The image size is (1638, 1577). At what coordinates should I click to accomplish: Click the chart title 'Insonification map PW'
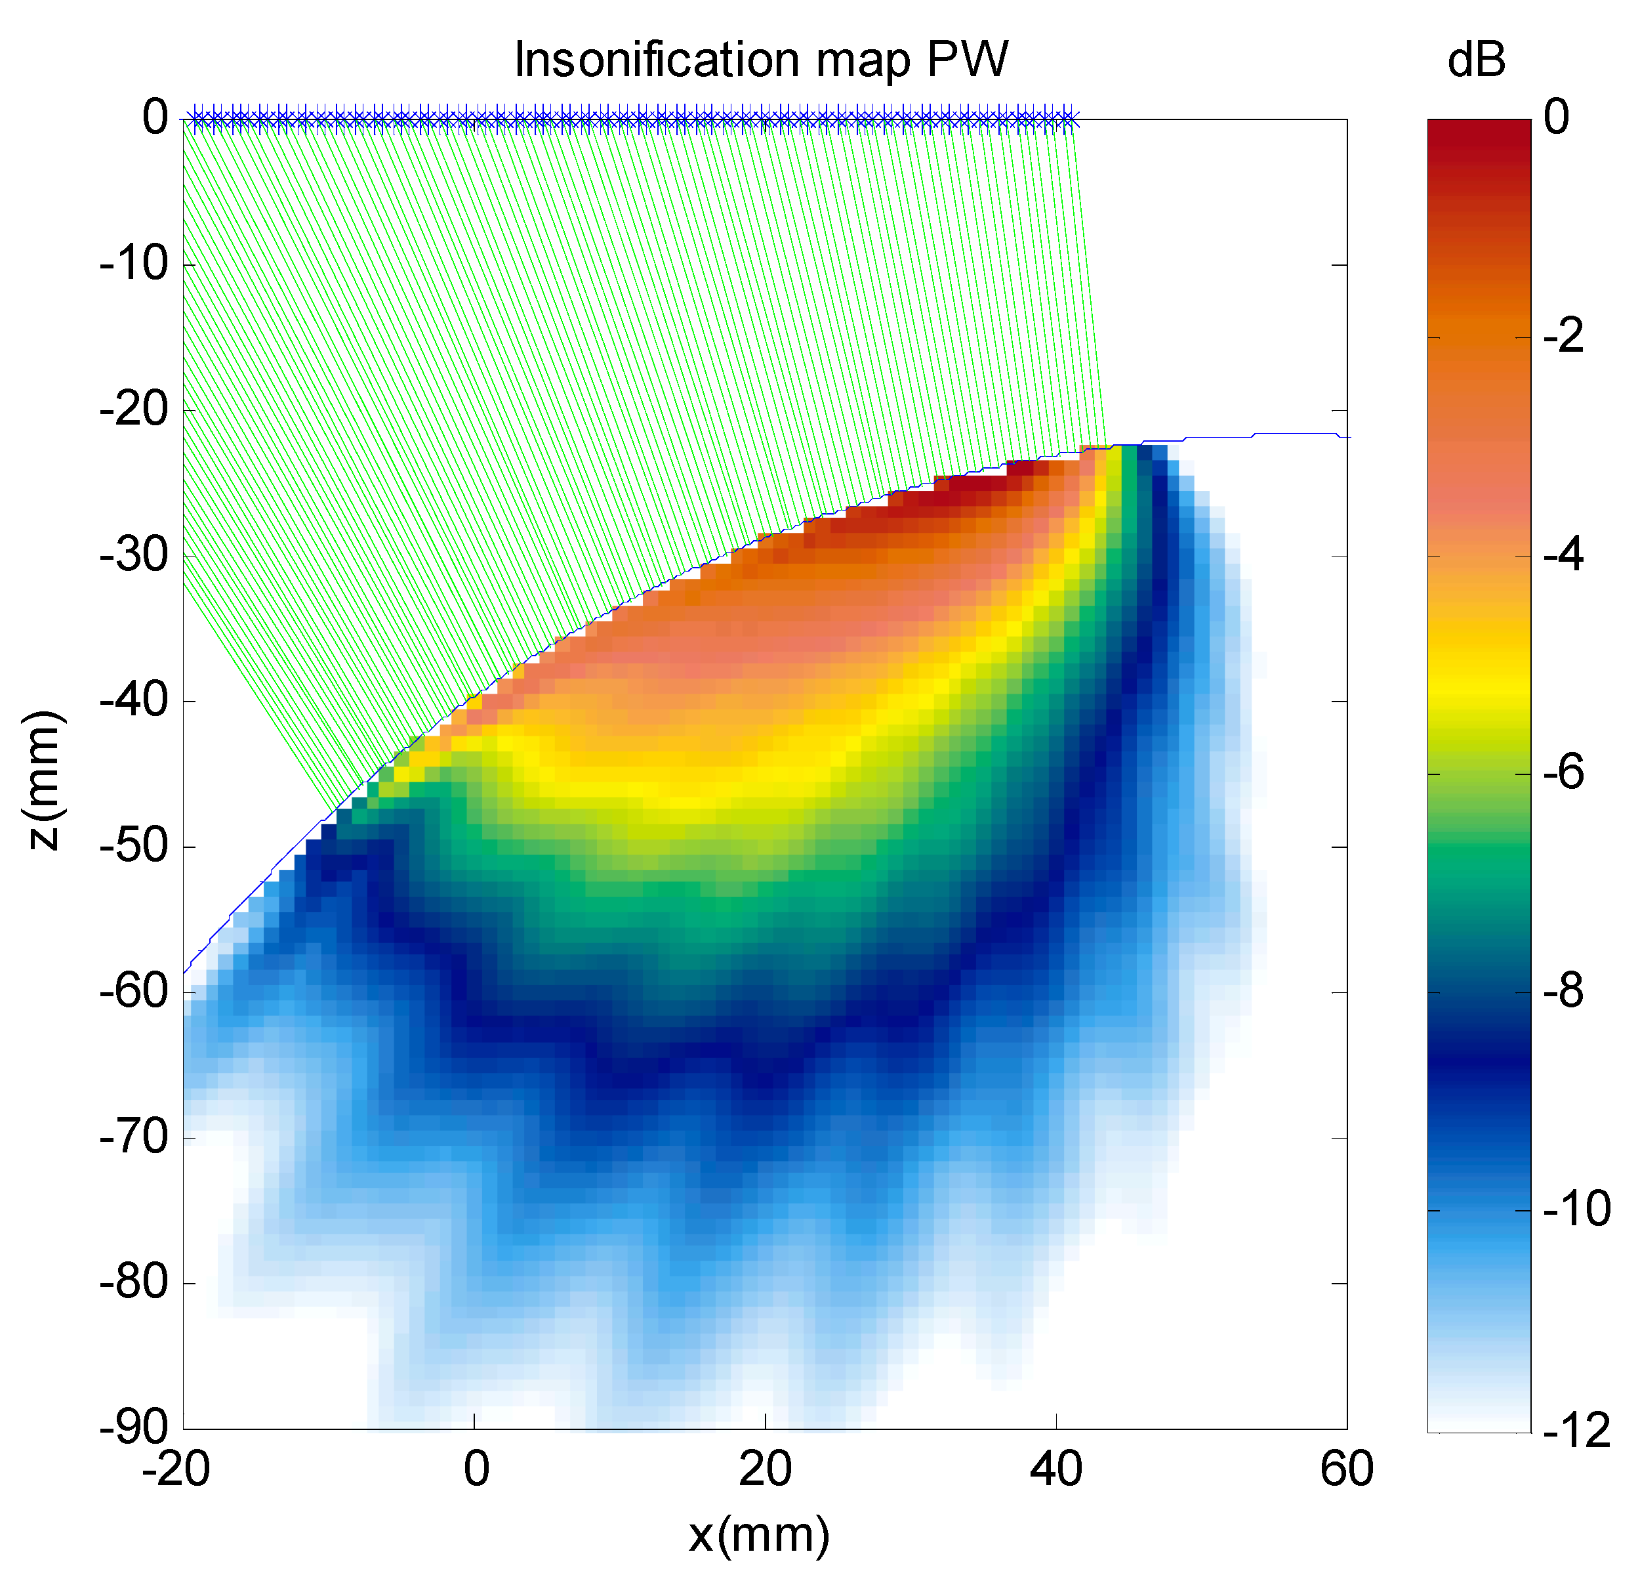(760, 60)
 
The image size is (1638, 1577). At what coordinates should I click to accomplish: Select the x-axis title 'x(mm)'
(759, 1534)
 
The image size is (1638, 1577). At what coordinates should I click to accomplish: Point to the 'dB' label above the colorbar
(1476, 60)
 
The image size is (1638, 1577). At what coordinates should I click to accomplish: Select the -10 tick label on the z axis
(134, 265)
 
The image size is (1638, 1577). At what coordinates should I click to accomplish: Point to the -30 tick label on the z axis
(134, 555)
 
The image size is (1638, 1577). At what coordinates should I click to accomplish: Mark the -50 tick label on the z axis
(134, 846)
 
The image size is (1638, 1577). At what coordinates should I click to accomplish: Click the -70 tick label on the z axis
(134, 1137)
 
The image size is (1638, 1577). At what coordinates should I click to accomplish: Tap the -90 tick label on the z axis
(134, 1427)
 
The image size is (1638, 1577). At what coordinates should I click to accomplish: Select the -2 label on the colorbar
(1563, 337)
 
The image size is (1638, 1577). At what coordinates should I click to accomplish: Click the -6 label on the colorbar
(1563, 774)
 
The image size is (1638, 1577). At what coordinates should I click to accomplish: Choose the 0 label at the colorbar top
(1556, 117)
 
